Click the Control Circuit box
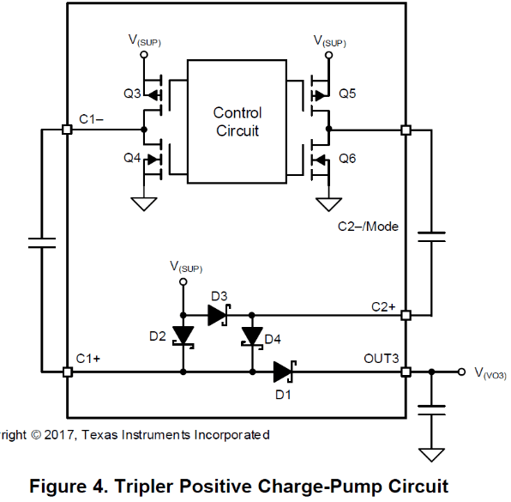tap(237, 121)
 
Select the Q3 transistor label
tap(132, 94)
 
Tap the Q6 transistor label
tap(347, 159)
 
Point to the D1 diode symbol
tap(285, 372)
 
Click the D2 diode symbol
tap(183, 337)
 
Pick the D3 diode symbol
tap(219, 315)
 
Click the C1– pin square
tap(67, 130)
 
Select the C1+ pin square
tap(68, 372)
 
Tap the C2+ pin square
tap(406, 316)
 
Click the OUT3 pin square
tap(406, 372)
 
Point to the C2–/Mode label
tap(368, 227)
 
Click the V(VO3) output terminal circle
tap(461, 372)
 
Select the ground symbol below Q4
tap(144, 204)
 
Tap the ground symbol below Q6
tap(329, 204)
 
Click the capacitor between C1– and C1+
tap(42, 243)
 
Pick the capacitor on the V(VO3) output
tap(431, 410)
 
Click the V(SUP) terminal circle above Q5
tap(329, 55)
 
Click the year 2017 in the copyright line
tap(58, 435)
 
